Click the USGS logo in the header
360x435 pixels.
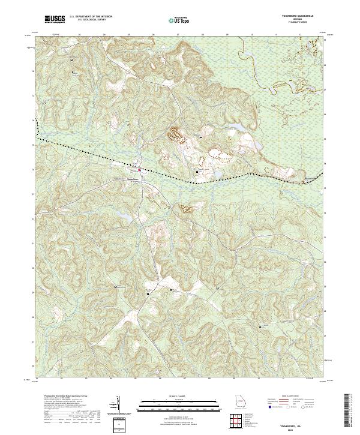tap(55, 19)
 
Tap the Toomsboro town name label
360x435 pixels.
tap(132, 178)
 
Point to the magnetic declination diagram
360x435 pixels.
tap(119, 408)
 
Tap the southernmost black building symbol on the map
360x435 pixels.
tap(260, 326)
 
